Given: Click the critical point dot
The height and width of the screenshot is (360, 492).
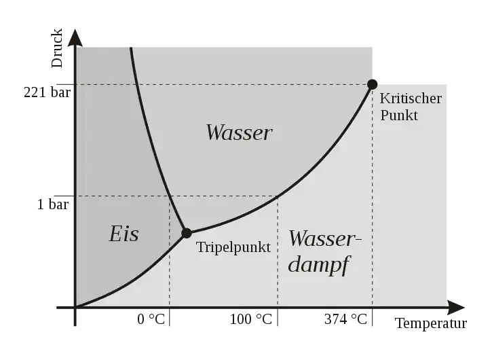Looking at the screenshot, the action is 372,84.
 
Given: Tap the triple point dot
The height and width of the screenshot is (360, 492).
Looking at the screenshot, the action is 187,233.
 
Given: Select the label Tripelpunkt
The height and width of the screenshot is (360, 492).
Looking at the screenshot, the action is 233,247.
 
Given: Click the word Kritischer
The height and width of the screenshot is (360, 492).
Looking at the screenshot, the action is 411,98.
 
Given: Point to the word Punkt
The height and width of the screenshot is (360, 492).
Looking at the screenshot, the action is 399,115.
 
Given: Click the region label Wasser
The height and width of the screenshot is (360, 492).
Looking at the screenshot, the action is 239,132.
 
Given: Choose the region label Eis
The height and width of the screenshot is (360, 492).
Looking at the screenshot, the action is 124,234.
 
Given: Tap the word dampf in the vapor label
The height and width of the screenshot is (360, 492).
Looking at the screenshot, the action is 318,264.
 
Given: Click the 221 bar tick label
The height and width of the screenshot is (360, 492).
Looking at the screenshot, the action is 47,92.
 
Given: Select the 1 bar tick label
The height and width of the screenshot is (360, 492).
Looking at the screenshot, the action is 53,204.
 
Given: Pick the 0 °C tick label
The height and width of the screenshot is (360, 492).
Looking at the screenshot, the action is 151,319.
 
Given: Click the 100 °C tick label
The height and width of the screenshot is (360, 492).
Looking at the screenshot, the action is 250,319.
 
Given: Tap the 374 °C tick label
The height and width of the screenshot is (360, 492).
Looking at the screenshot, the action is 345,319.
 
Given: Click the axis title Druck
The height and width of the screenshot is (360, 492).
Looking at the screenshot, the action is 57,48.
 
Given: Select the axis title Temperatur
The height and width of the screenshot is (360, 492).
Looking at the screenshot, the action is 431,323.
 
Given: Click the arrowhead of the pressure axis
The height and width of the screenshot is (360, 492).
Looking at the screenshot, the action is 75,37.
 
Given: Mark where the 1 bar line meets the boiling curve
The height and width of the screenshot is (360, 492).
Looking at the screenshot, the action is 278,196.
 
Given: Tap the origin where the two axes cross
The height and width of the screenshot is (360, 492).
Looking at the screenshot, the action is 75,308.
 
